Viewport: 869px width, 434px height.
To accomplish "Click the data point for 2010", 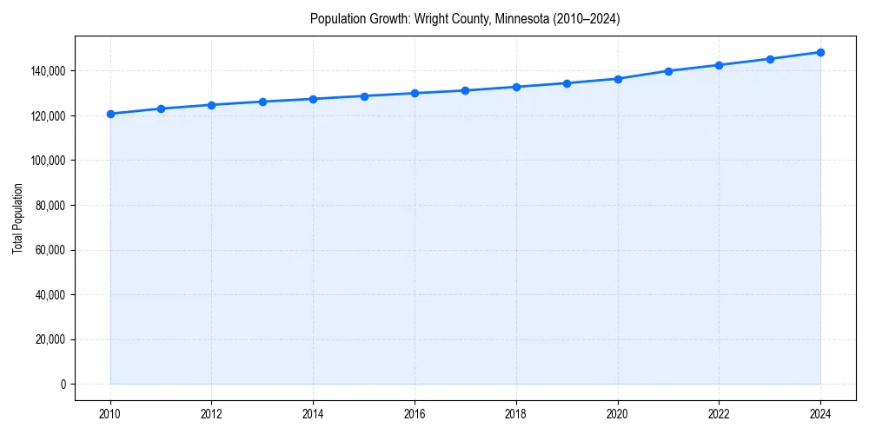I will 110,114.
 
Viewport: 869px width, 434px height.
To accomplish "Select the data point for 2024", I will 820,52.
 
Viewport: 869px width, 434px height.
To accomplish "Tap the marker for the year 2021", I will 668,71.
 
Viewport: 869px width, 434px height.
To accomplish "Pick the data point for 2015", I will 364,96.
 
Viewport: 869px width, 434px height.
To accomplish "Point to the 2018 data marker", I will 516,87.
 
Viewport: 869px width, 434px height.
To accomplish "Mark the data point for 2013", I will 262,102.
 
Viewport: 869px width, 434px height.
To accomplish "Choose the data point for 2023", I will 770,59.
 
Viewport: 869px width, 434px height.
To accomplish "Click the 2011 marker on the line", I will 161,108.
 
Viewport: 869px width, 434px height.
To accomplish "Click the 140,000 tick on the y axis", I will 50,71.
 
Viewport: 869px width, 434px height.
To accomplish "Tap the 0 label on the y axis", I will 63,385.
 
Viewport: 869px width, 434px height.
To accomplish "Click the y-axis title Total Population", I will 18,219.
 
